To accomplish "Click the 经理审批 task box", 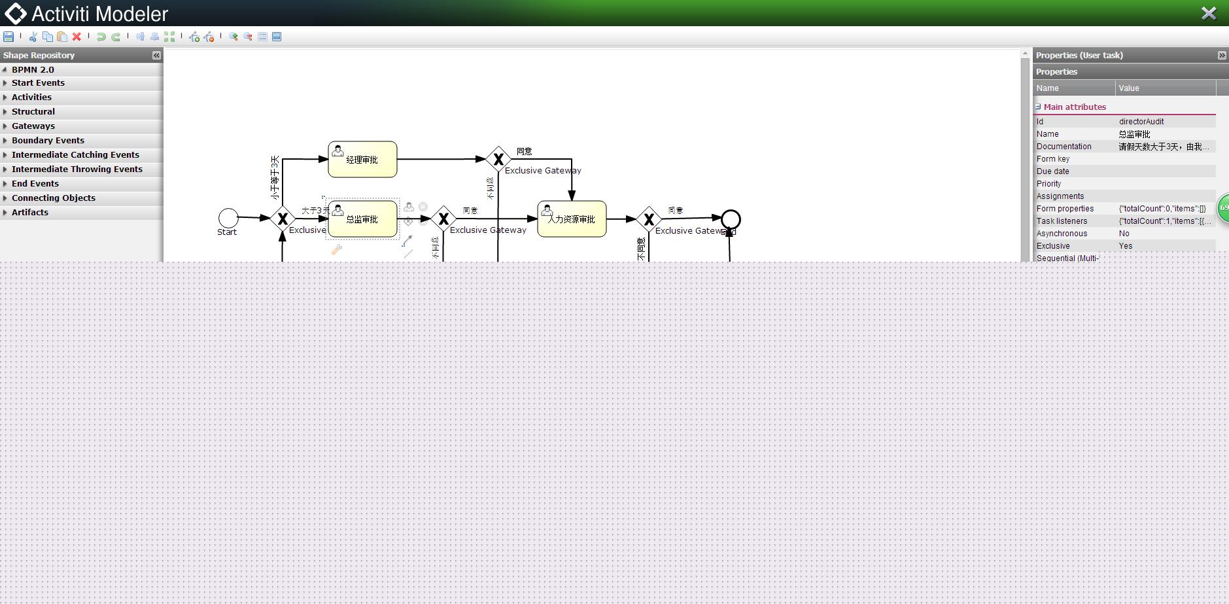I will (362, 159).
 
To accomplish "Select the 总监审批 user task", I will (362, 219).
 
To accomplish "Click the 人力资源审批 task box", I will (572, 219).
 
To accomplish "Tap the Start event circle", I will (228, 218).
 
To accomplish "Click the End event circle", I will (731, 219).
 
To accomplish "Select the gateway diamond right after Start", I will (283, 219).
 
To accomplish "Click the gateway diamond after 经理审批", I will (498, 159).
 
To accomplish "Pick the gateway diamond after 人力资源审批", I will (649, 220).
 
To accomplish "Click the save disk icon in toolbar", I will (9, 37).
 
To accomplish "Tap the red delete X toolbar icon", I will (77, 37).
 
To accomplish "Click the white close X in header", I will (1209, 13).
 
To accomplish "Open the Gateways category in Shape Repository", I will (33, 126).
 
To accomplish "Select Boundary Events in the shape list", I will (48, 140).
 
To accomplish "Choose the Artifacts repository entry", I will (30, 212).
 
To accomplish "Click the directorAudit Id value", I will (1141, 122).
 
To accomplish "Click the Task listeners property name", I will (1062, 221).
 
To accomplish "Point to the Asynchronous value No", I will (1124, 234).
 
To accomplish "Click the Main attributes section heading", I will (1075, 107).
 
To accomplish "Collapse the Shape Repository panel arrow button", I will (156, 56).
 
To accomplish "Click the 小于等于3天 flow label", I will (275, 177).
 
